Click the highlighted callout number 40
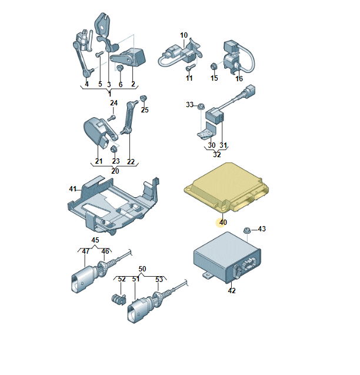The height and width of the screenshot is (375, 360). tap(222, 223)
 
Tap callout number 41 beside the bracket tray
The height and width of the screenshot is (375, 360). tap(73, 189)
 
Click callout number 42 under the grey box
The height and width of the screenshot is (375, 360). tap(231, 290)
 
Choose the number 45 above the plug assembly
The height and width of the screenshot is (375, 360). tap(95, 240)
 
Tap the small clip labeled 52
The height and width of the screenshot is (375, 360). tap(116, 299)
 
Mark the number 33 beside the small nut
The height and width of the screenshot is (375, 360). tap(190, 105)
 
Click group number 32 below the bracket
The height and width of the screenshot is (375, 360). tap(216, 155)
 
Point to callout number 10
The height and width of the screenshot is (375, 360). tap(184, 35)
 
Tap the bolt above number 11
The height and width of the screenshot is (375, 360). tap(189, 67)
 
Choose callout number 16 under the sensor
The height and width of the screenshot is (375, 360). tap(239, 78)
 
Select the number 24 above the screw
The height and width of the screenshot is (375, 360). tap(114, 103)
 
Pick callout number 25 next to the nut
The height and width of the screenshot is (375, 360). tap(145, 109)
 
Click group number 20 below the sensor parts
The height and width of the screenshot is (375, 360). tap(115, 171)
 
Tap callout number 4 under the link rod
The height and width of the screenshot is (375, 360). tap(86, 84)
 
